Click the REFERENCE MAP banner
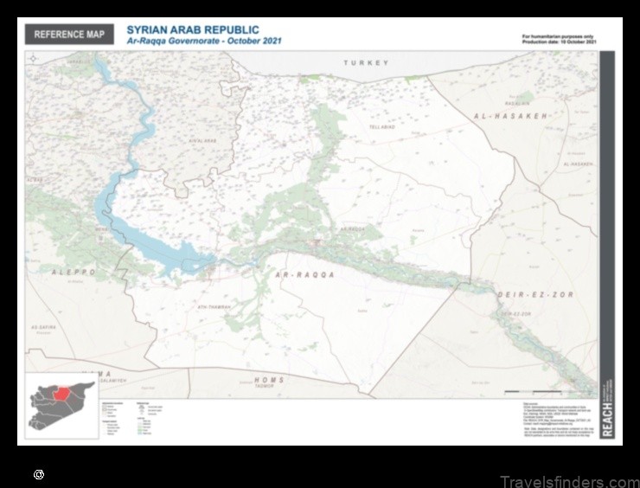[70, 35]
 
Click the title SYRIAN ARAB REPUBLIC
[193, 30]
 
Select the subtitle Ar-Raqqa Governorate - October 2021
[204, 42]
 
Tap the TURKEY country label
[366, 63]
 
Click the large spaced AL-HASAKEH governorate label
[510, 115]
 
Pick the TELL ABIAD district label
[382, 127]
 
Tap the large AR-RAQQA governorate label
[303, 274]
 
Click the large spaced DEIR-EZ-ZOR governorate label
[524, 295]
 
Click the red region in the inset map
[64, 395]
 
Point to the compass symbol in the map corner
[33, 58]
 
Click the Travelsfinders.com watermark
[569, 481]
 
